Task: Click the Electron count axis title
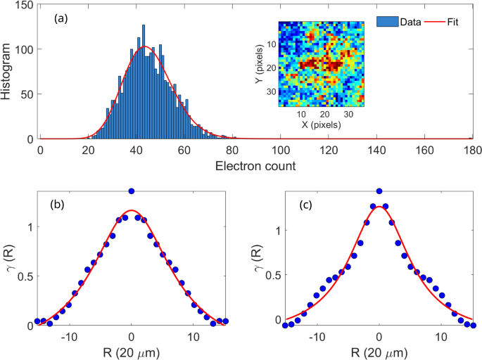pos(256,167)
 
